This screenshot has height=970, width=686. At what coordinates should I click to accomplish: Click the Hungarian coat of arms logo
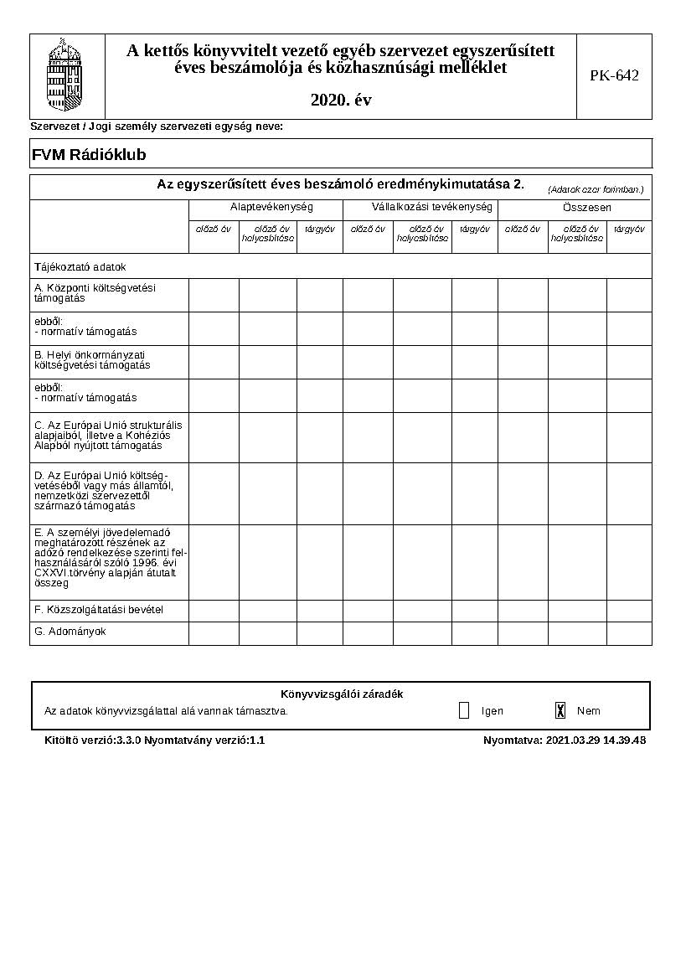(67, 75)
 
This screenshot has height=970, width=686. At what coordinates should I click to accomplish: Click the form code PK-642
(614, 75)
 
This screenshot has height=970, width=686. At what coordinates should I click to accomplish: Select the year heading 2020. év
(341, 100)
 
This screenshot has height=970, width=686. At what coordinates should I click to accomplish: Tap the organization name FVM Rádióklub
(89, 155)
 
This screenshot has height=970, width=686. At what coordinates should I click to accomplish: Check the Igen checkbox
(464, 710)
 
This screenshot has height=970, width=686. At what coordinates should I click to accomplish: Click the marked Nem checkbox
(560, 710)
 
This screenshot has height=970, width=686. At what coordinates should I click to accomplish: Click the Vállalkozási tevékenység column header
(420, 207)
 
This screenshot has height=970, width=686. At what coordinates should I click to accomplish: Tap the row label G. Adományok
(70, 632)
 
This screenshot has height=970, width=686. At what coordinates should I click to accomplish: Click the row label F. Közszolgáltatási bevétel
(98, 610)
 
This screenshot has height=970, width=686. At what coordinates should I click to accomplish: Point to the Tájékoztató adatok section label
(80, 267)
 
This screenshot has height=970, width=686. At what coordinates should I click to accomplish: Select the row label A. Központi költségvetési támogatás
(95, 292)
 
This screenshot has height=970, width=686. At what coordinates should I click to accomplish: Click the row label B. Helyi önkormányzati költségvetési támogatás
(92, 359)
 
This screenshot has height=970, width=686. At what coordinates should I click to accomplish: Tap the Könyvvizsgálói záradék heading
(342, 694)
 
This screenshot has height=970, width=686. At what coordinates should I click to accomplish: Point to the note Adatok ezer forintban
(596, 189)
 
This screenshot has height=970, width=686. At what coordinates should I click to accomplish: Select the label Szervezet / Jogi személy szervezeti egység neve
(157, 126)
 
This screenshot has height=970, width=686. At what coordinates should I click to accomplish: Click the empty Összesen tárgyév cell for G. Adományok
(628, 633)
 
